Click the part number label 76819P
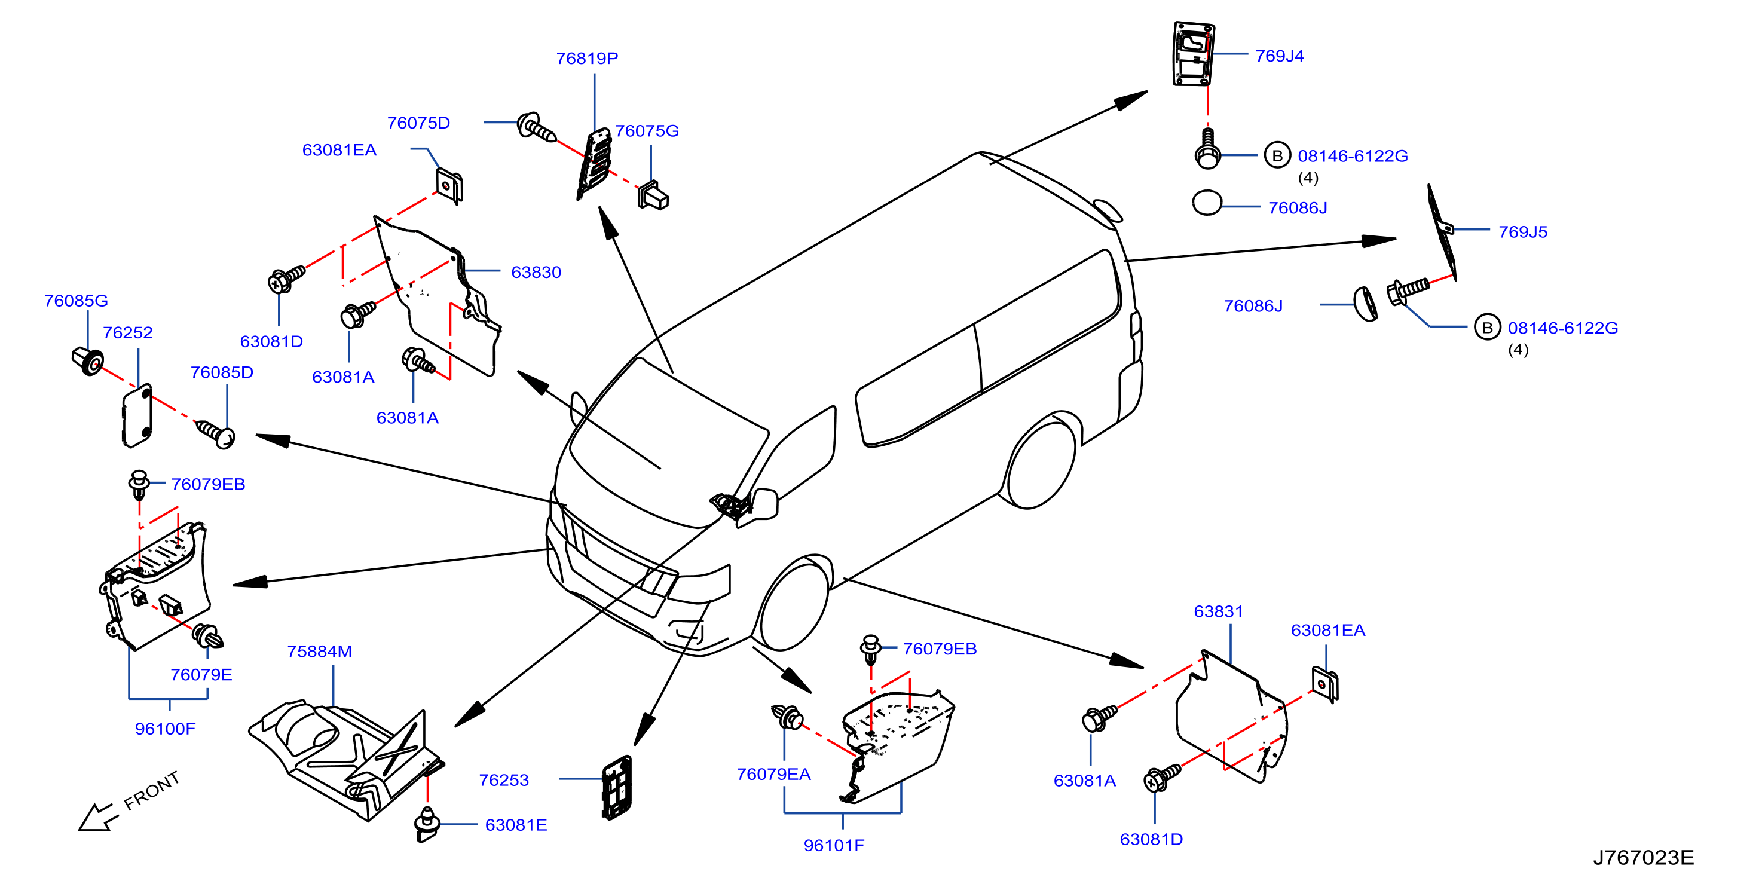point(587,59)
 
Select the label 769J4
point(1279,56)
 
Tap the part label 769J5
point(1522,232)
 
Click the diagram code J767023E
point(1643,858)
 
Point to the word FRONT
point(152,791)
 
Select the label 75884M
point(319,652)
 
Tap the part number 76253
point(504,781)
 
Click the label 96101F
point(834,846)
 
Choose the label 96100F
point(165,729)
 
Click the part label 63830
point(536,272)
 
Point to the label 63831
point(1218,611)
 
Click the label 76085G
point(76,301)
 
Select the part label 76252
point(128,332)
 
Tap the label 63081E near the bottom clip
point(516,825)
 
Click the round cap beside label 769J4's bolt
point(1207,203)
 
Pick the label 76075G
point(647,131)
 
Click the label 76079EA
point(773,774)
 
